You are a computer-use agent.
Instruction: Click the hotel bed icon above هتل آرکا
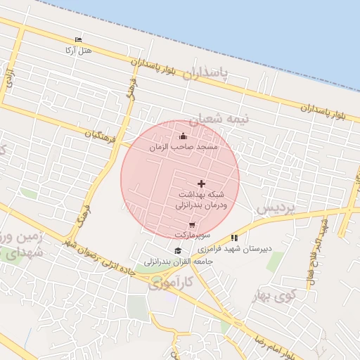pyautogui.click(x=78, y=40)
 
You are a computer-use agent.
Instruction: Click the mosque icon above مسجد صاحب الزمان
pyautogui.click(x=184, y=136)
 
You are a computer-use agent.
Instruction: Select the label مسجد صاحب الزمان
pyautogui.click(x=184, y=148)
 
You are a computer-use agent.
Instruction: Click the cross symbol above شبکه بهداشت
pyautogui.click(x=202, y=183)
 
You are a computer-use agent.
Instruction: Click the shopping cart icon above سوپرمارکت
pyautogui.click(x=192, y=225)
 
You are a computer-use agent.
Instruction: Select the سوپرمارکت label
pyautogui.click(x=192, y=234)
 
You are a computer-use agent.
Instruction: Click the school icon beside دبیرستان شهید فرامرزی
pyautogui.click(x=234, y=238)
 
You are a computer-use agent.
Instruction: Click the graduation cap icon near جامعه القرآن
pyautogui.click(x=178, y=251)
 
